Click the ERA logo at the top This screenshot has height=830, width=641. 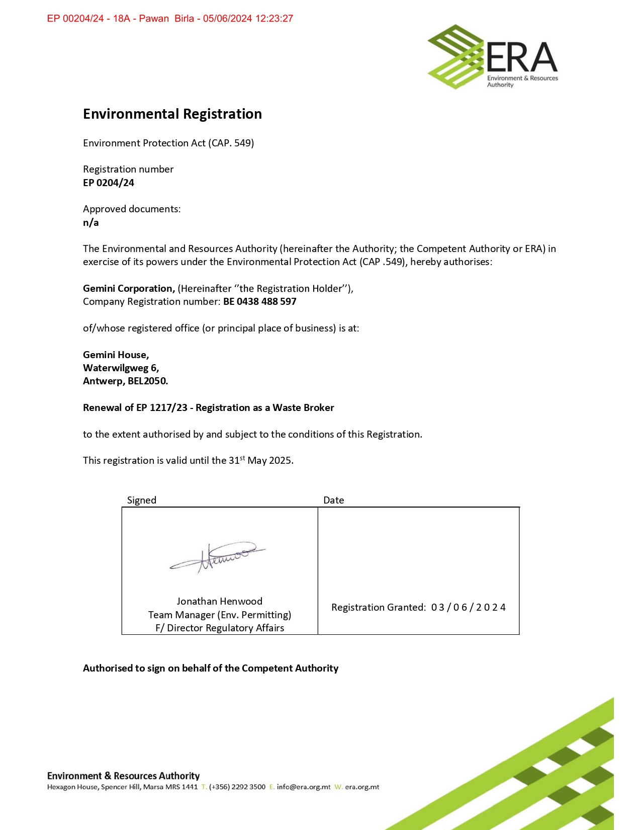coord(493,57)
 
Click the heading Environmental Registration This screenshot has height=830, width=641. coord(172,114)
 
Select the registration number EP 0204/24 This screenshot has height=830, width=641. coord(109,183)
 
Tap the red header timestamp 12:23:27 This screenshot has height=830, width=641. coord(274,19)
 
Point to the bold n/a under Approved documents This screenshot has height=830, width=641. coord(91,223)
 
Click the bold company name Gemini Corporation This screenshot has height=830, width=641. coord(129,289)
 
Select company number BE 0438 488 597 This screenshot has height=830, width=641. coord(260,302)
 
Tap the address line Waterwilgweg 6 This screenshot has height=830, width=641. coord(121,368)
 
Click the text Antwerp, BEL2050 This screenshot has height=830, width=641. coord(125,381)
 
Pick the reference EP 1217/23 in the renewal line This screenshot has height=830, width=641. coord(161,408)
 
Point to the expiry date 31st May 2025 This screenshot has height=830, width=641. coord(261,461)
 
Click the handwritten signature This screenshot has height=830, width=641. coord(217,556)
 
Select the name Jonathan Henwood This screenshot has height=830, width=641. coord(219,602)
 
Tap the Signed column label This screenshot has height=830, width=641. coord(141,501)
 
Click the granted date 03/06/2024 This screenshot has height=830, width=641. coord(468,608)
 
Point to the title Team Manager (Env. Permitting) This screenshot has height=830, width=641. coord(219,615)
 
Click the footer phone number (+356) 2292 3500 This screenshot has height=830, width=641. coord(237,787)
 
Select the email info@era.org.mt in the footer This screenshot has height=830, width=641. coord(304,787)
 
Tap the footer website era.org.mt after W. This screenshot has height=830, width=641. coord(362,787)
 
